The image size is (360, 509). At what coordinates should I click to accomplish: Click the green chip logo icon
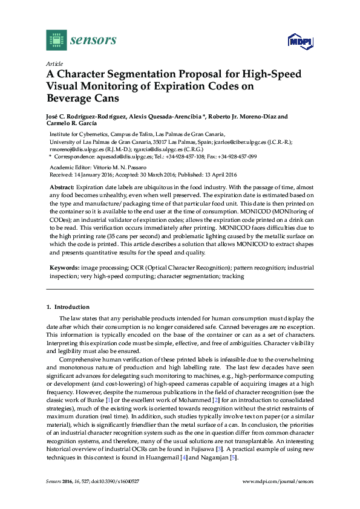[x=55, y=41]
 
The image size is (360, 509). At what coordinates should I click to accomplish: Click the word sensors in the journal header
[x=93, y=41]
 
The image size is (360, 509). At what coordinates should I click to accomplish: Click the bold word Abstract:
[x=62, y=188]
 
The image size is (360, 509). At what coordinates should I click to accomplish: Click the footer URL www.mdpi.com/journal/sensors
[x=278, y=482]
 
